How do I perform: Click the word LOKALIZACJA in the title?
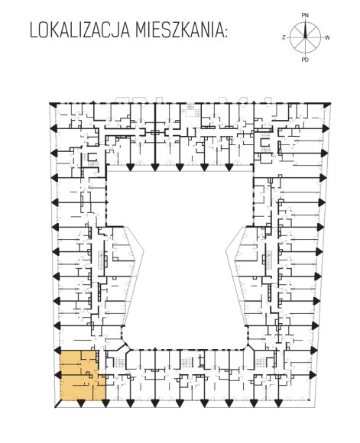tap(79, 31)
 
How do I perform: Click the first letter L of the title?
tap(34, 31)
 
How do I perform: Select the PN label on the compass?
tap(305, 15)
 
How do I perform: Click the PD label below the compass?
tap(305, 60)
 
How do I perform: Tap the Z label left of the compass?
tap(284, 37)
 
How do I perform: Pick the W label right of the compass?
tap(327, 37)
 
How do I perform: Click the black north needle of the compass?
tap(305, 29)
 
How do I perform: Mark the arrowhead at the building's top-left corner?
tap(53, 105)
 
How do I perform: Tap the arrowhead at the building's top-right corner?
tap(327, 105)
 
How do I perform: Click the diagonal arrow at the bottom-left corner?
tap(57, 404)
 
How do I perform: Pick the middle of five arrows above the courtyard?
tap(180, 167)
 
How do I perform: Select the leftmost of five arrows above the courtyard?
tap(130, 167)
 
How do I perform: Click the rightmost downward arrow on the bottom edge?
tap(278, 404)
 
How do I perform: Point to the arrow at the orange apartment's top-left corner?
tap(57, 351)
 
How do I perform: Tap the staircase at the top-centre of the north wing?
tap(191, 110)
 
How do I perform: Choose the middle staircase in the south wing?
tap(186, 361)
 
